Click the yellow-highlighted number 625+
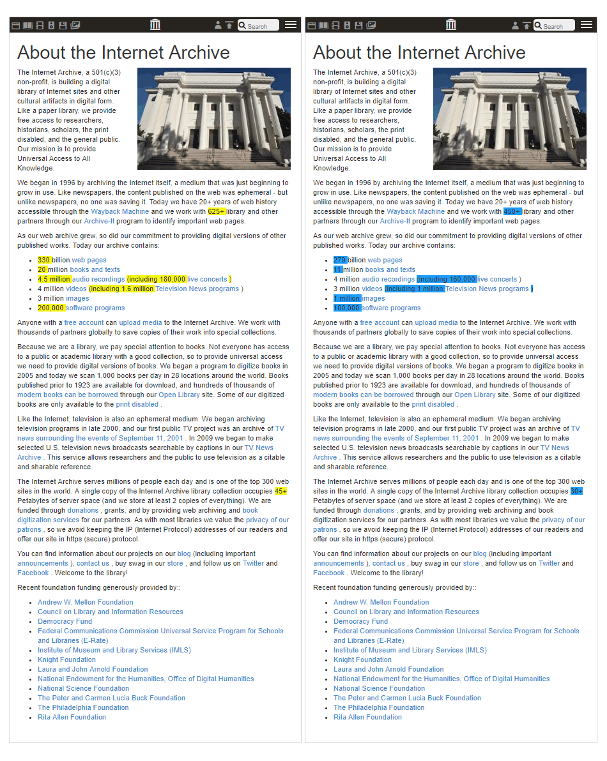click(x=217, y=211)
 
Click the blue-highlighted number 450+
click(x=512, y=211)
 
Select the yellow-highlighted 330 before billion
click(x=44, y=260)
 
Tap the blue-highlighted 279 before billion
click(x=340, y=260)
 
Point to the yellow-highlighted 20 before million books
click(x=42, y=269)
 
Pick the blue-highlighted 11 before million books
click(x=338, y=269)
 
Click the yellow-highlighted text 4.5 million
click(x=54, y=279)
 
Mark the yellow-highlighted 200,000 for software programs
click(x=51, y=308)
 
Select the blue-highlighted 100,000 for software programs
click(x=347, y=308)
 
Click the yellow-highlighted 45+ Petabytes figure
click(x=280, y=491)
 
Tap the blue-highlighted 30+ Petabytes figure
click(x=576, y=491)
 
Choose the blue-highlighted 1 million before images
click(x=347, y=298)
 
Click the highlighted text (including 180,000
click(x=156, y=279)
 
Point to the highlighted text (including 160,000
click(x=447, y=279)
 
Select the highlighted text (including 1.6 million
click(x=121, y=289)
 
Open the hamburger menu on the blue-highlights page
click(x=587, y=25)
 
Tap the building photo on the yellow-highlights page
click(x=214, y=119)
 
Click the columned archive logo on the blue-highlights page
click(x=451, y=25)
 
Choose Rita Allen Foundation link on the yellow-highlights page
click(x=72, y=717)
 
